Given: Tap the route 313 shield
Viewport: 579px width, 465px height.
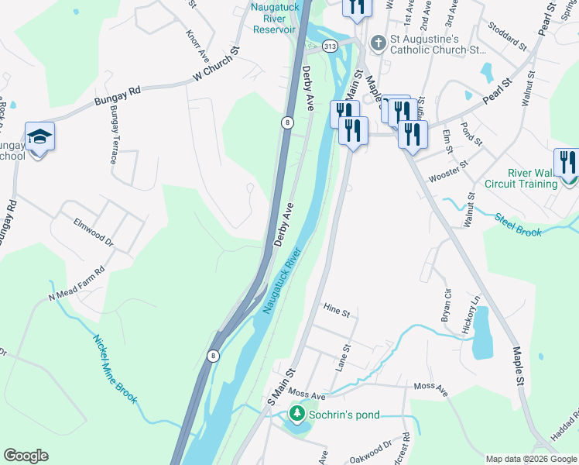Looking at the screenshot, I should (x=331, y=46).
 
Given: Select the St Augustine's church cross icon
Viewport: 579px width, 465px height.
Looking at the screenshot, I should (x=379, y=43).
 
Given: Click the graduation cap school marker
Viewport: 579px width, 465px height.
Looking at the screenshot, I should (x=39, y=137).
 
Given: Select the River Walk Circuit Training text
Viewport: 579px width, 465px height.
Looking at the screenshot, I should (x=520, y=178).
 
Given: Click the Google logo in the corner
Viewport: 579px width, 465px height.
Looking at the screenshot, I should (x=26, y=456).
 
